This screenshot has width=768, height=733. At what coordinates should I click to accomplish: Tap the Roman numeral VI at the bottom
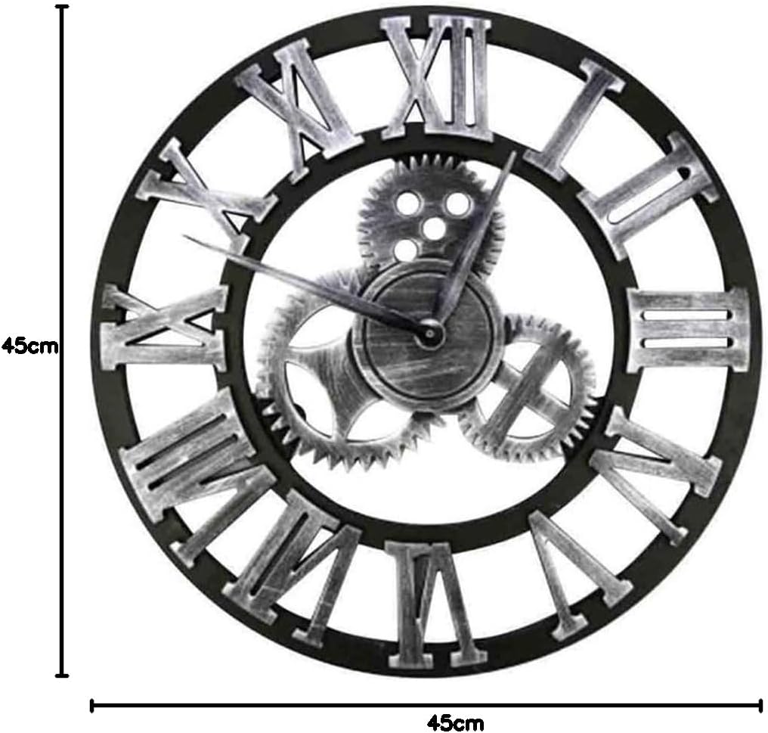(x=435, y=605)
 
